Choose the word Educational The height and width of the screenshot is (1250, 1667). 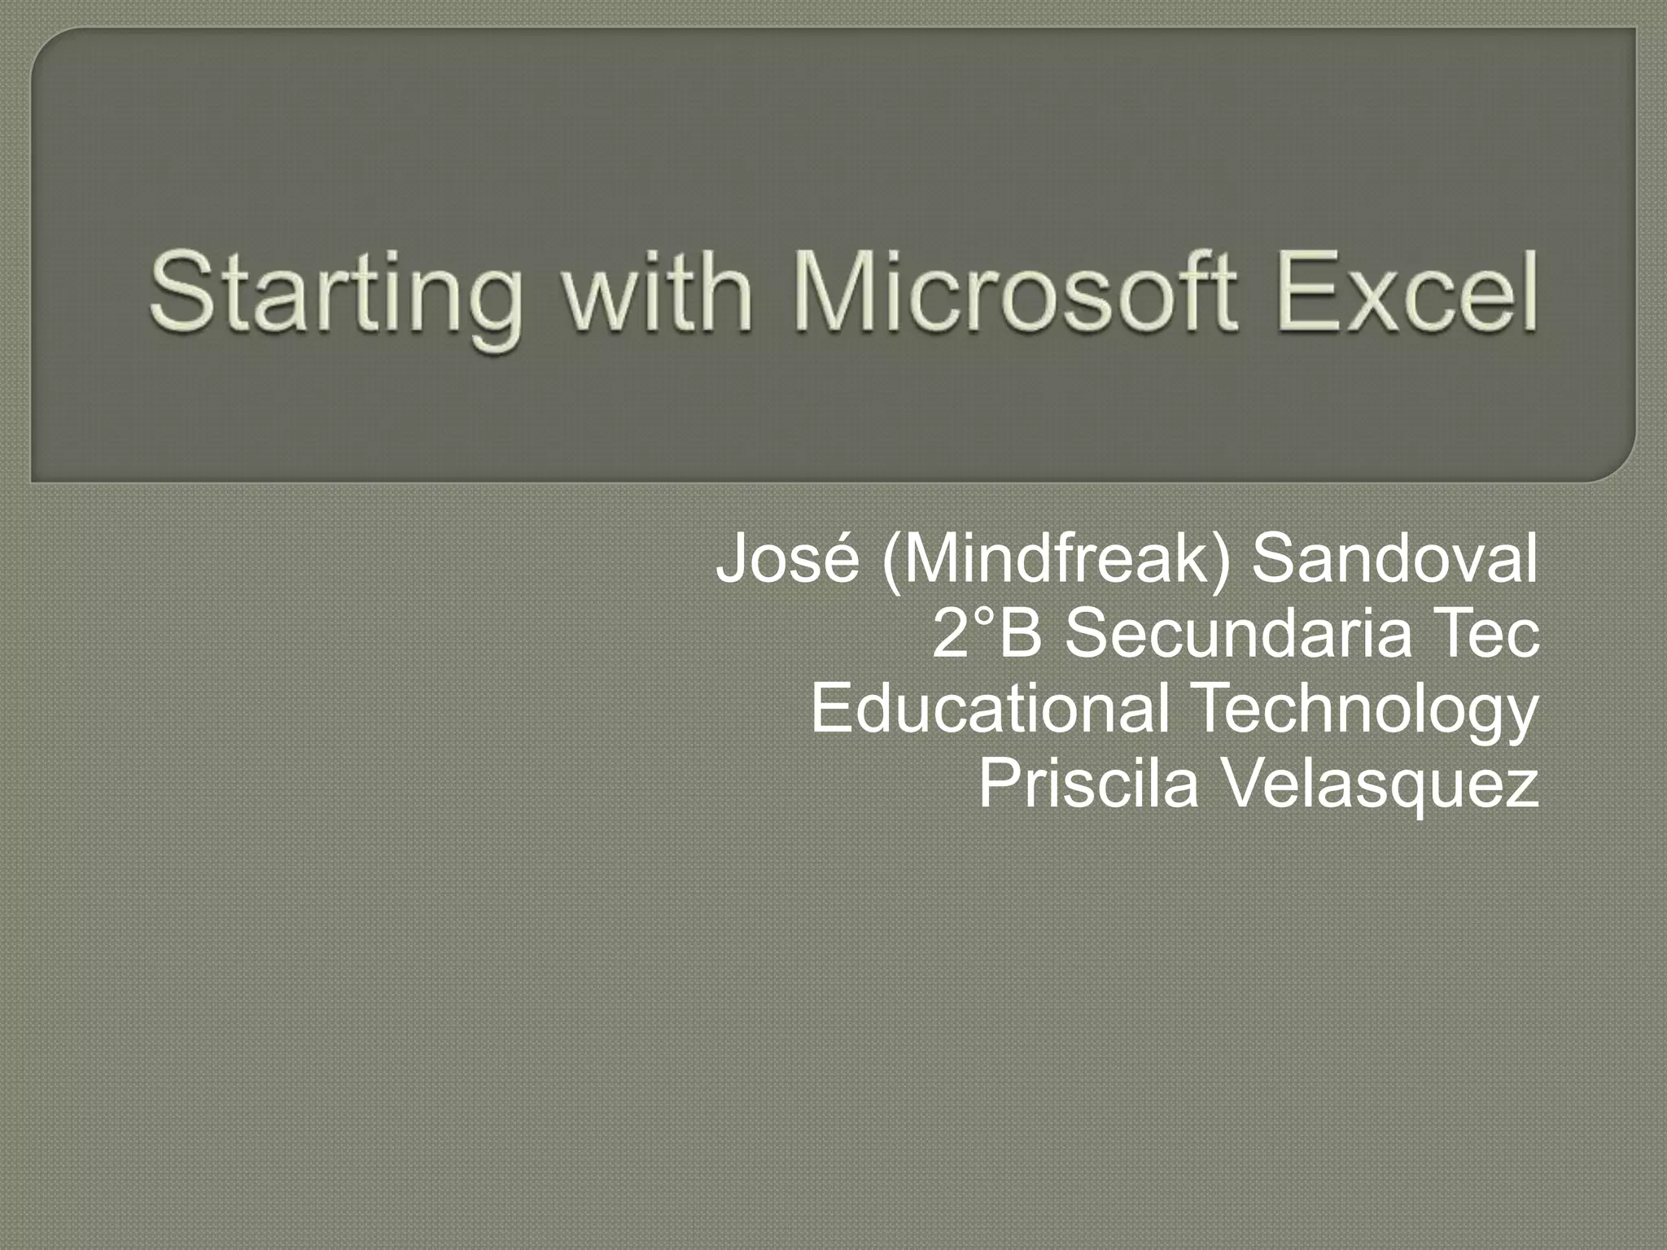(x=990, y=707)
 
